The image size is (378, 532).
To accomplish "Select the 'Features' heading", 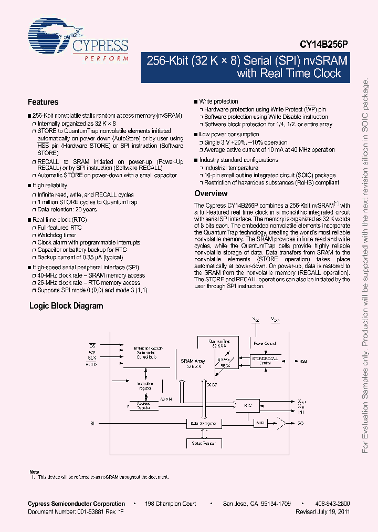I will coord(43,102).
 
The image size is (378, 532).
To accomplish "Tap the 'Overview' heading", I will coord(211,193).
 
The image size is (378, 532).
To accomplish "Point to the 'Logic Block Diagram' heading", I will coord(66,305).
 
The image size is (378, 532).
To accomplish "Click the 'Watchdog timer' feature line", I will coord(57,235).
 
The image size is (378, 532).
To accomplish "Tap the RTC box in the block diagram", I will coord(248,405).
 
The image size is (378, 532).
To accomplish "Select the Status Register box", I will coord(204,444).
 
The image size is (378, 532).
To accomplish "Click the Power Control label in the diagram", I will coord(265,343).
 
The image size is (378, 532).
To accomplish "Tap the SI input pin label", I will coord(92,423).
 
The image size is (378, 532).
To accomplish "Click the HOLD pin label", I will coord(91,364).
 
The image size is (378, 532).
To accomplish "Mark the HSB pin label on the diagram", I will coord(303,362).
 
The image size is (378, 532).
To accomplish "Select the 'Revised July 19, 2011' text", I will coord(322,511).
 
